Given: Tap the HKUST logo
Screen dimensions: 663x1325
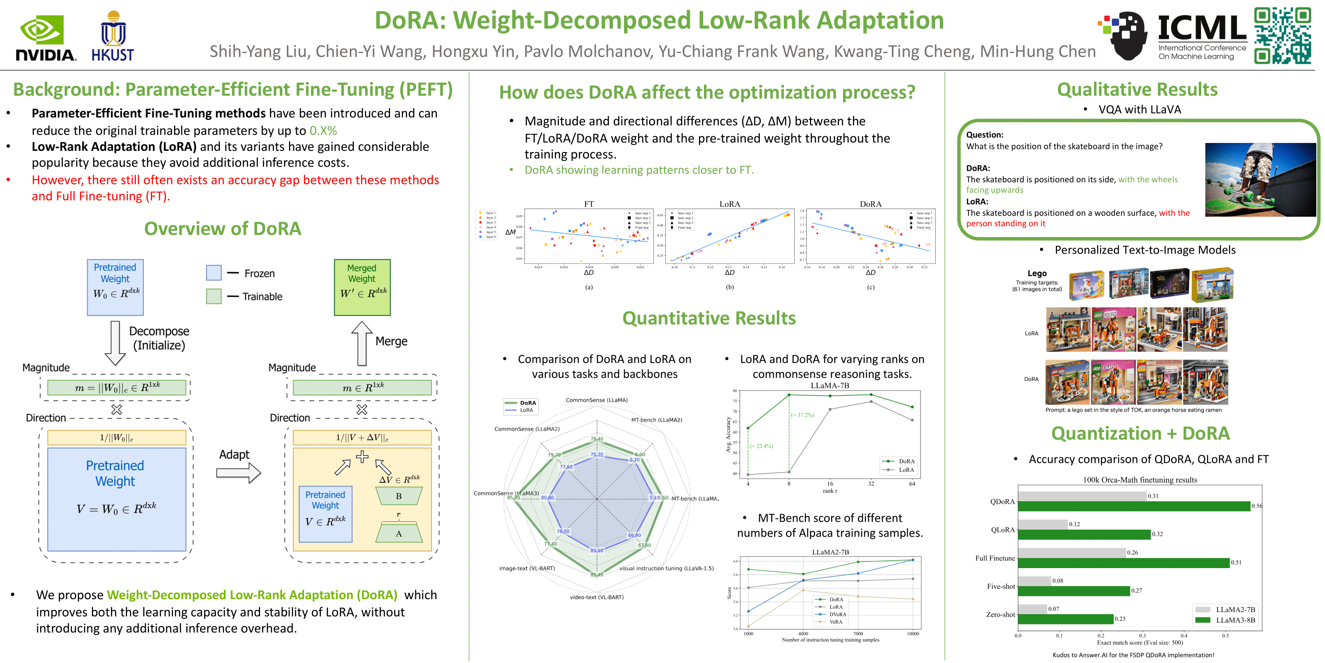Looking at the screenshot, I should tap(113, 36).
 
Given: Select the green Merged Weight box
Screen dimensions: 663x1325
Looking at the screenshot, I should tap(362, 287).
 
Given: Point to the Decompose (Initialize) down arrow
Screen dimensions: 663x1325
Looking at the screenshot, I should tap(115, 343).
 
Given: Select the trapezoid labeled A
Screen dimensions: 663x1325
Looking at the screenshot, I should tap(399, 533).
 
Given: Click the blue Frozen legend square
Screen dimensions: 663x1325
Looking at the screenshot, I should tap(214, 273).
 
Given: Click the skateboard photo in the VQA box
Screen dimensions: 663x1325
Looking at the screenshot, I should tap(1260, 180).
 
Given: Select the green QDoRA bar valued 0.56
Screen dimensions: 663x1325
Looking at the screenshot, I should tap(1133, 506).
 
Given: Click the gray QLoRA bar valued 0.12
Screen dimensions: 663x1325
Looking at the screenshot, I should tap(1043, 524).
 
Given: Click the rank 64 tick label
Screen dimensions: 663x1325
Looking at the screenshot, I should tap(912, 484).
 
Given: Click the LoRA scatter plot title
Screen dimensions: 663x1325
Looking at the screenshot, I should tap(729, 204).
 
